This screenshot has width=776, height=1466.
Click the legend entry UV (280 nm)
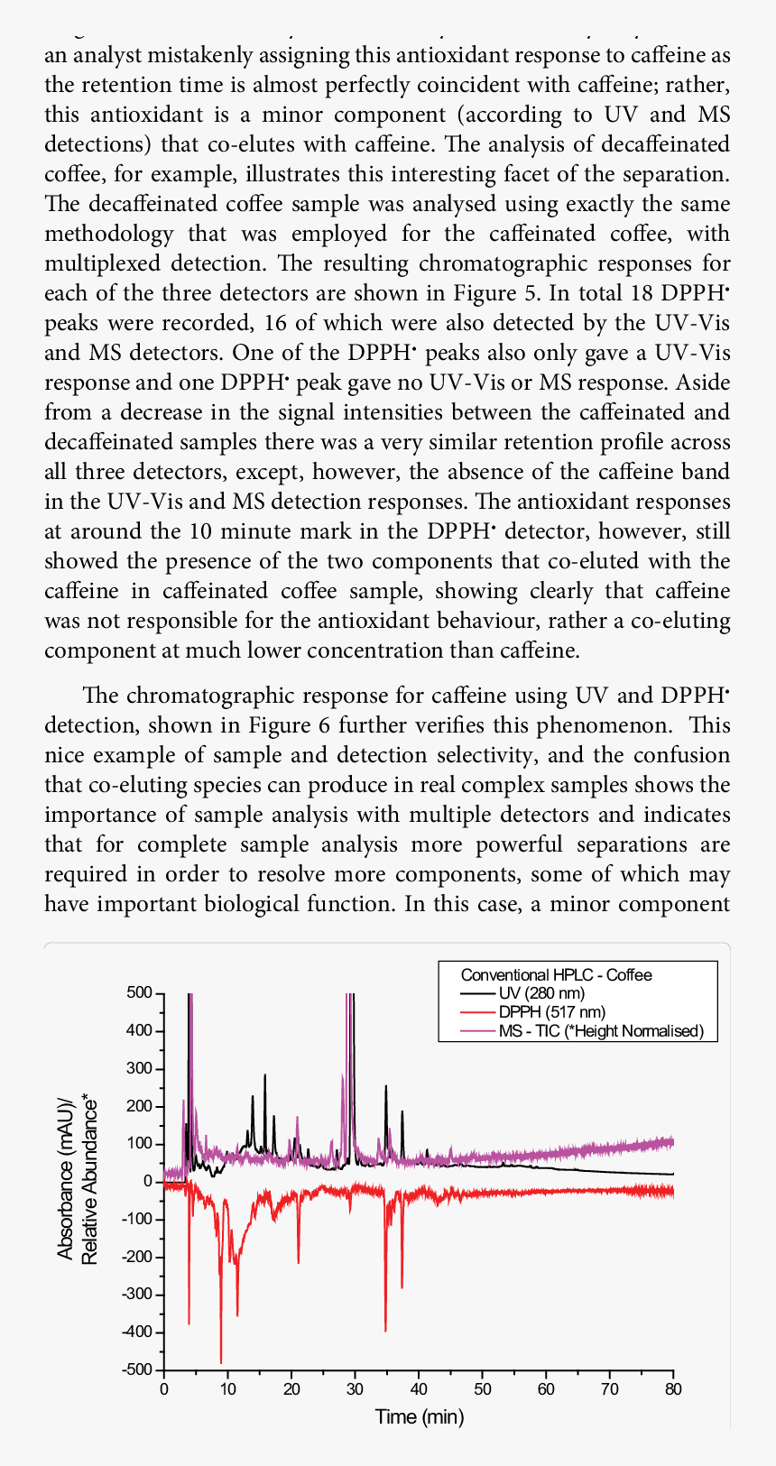pos(541,993)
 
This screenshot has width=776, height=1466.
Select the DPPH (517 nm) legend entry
pos(551,1012)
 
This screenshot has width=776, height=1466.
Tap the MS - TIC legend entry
pos(601,1031)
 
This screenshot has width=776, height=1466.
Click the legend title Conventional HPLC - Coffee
pos(556,974)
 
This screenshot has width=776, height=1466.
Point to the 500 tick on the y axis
pos(140,992)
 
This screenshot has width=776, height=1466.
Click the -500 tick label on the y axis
pos(137,1369)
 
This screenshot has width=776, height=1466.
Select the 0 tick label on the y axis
pos(147,1181)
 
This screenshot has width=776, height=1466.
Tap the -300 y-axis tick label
pos(137,1295)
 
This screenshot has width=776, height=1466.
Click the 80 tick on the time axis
pos(673,1389)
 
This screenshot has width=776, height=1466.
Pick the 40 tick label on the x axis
pos(419,1389)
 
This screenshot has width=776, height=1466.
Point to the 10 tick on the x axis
pos(227,1389)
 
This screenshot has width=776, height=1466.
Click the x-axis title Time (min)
pos(420,1417)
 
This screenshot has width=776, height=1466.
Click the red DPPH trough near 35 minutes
pos(385,1329)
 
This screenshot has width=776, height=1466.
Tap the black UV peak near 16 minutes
pos(264,1076)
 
